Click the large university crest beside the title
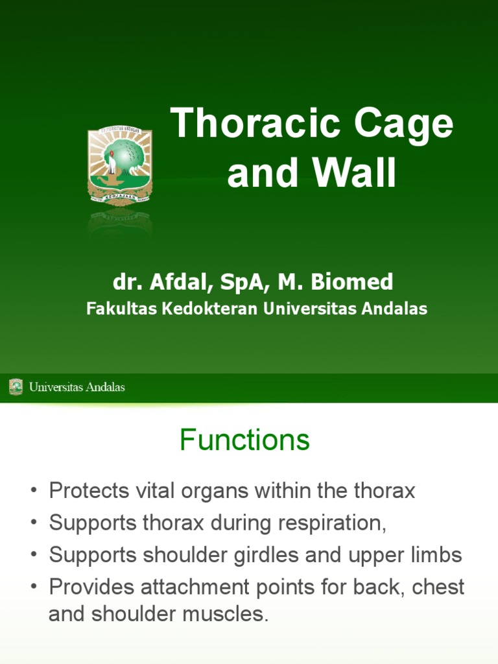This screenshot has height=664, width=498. pos(120,166)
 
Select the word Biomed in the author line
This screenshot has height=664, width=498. pos(353,282)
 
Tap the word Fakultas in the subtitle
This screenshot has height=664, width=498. pos(114,309)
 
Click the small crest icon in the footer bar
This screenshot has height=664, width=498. pos(16,387)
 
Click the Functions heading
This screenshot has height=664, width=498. pos(244,441)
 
